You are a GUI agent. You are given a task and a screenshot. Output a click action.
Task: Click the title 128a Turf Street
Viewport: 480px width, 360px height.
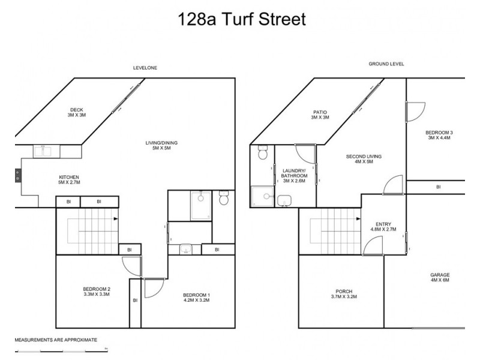point(242,19)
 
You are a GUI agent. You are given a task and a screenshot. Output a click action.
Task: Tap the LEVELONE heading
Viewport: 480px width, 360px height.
point(145,68)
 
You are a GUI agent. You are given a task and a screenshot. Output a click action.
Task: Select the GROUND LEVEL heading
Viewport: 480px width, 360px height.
point(386,63)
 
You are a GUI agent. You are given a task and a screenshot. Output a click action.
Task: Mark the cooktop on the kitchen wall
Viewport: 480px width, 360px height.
point(17,176)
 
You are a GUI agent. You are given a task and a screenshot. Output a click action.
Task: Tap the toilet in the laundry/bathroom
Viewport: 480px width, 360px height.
point(262,153)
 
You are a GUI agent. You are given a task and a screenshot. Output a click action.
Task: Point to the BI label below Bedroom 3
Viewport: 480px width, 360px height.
point(438,187)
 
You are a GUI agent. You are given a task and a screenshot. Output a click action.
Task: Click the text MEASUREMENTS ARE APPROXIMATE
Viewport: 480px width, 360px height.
point(56,340)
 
